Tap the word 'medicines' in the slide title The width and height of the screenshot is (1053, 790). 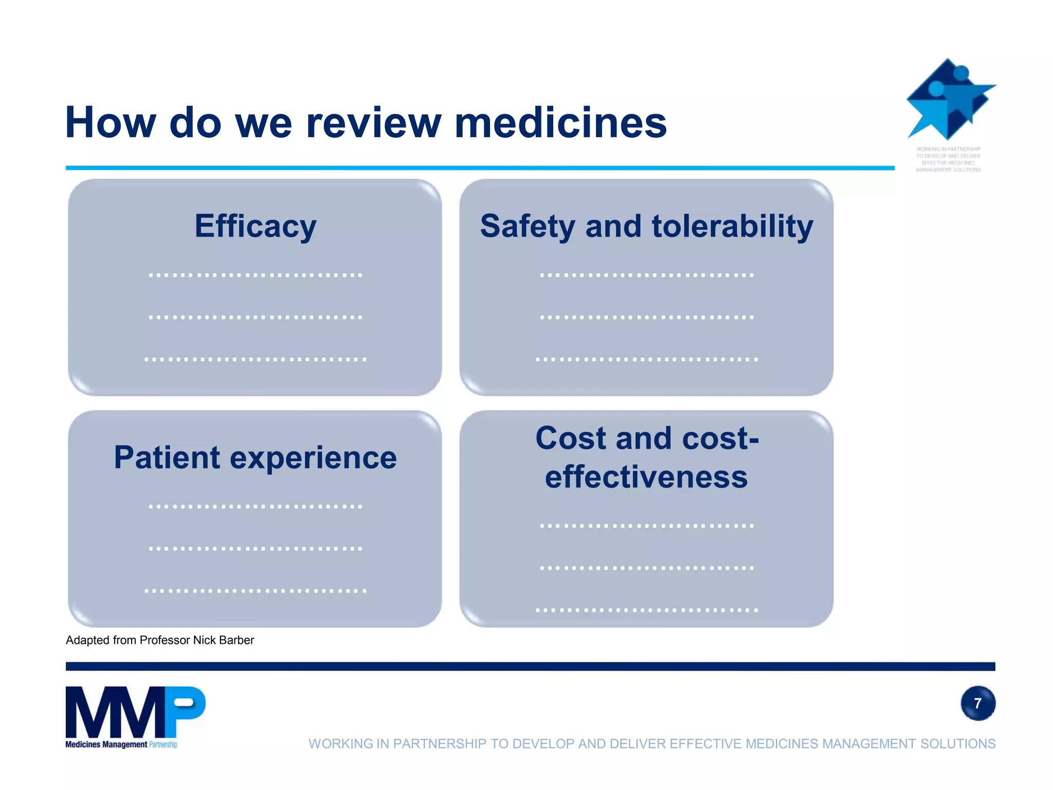click(560, 123)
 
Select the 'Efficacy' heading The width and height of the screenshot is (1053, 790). click(256, 226)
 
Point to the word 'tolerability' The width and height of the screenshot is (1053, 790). click(732, 226)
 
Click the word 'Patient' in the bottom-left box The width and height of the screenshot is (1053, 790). click(167, 458)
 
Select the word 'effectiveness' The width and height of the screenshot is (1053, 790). click(646, 477)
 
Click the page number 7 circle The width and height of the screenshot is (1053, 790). click(977, 703)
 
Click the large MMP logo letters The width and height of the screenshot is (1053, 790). click(135, 712)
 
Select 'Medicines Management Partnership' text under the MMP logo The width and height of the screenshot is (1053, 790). click(121, 744)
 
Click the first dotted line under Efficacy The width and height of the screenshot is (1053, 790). click(256, 275)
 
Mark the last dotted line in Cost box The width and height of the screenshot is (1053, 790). click(646, 611)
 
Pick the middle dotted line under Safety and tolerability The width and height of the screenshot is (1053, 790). click(646, 317)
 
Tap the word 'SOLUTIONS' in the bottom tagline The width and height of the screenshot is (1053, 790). click(958, 744)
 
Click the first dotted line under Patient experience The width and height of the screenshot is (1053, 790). click(256, 507)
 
